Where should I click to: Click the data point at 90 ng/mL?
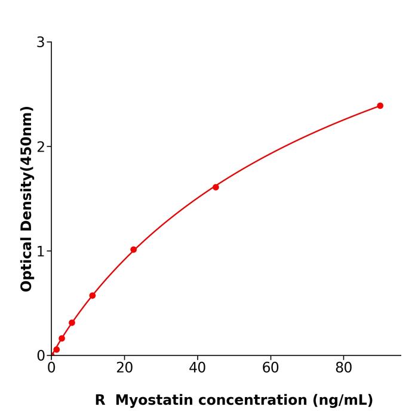tap(380, 106)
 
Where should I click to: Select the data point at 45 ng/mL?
tap(216, 187)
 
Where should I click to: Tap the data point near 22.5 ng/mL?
tap(133, 250)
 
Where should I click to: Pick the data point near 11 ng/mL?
tap(93, 296)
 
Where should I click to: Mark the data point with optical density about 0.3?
tap(72, 322)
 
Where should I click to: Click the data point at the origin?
tap(51, 355)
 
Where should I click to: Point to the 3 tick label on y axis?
tap(41, 42)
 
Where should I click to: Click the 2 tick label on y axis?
tap(41, 146)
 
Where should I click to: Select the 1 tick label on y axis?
tap(41, 251)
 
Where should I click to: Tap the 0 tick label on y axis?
tap(41, 355)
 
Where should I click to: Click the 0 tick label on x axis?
tap(51, 368)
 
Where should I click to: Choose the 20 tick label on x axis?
tap(124, 368)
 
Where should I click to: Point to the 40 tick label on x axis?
tap(197, 368)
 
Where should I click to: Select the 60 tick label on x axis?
tap(271, 368)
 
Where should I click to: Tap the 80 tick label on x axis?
tap(343, 368)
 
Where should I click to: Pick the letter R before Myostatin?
tap(100, 400)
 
